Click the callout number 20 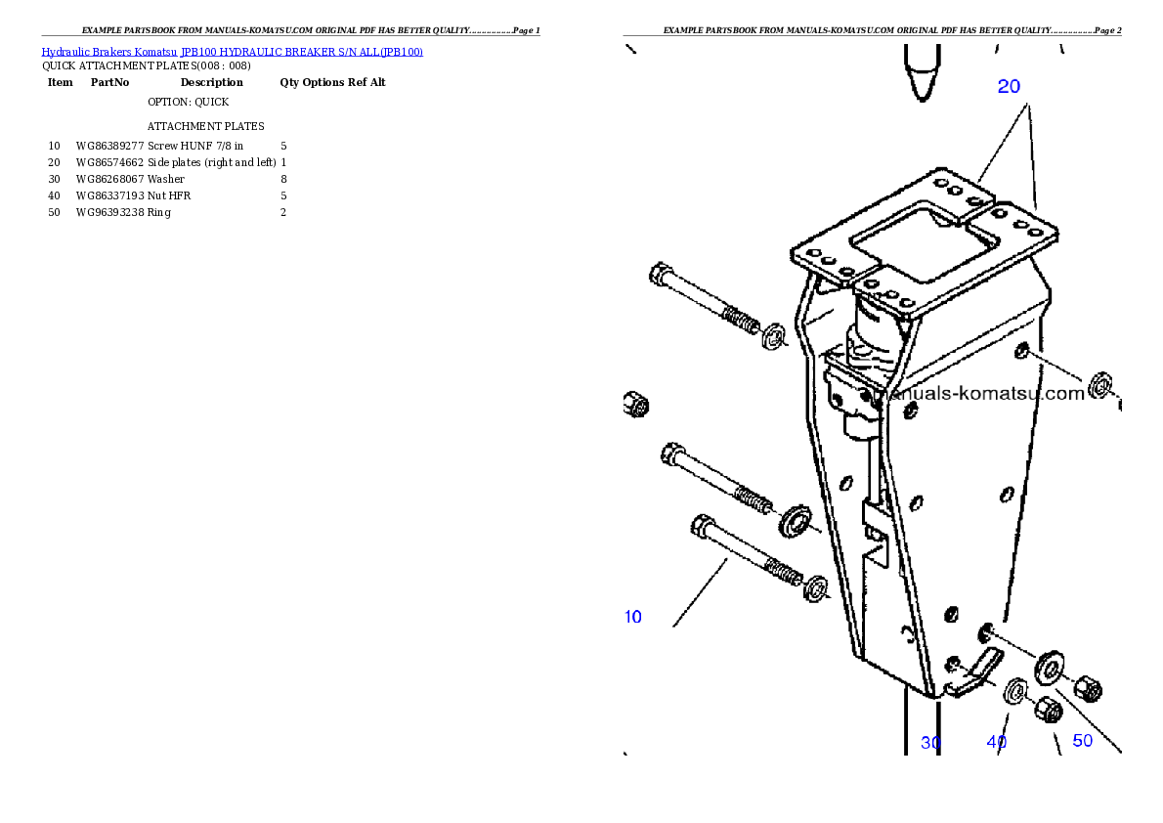[x=1009, y=86]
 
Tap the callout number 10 [x=633, y=617]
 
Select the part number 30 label [x=930, y=743]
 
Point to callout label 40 [x=996, y=742]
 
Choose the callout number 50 [x=1082, y=741]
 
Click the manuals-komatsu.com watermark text [x=982, y=394]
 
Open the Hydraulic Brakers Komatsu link [x=108, y=52]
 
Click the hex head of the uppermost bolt [x=660, y=273]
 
